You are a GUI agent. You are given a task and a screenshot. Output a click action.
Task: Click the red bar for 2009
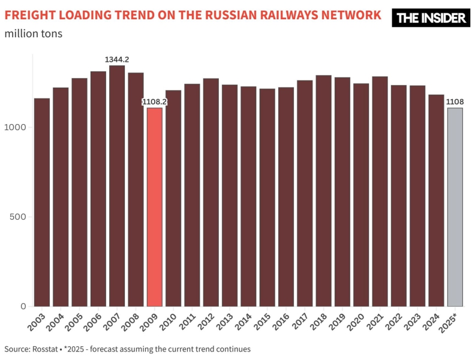[x=154, y=207]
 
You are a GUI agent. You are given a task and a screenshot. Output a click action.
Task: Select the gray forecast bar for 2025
[x=455, y=207]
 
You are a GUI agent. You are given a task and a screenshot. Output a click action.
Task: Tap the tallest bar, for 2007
[x=117, y=186]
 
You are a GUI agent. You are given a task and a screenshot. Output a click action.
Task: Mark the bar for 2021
[x=380, y=191]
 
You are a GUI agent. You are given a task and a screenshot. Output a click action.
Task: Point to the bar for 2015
[x=267, y=197]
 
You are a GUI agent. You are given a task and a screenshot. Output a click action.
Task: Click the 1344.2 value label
[x=117, y=59]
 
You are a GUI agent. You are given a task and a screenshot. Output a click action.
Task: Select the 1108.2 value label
[x=154, y=102]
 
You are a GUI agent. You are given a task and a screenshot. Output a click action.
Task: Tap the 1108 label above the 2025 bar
[x=455, y=102]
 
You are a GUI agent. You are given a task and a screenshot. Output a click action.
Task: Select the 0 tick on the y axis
[x=23, y=306]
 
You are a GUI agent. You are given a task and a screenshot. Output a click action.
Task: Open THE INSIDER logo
[x=431, y=18]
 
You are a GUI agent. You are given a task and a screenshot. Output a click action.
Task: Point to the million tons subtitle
[x=34, y=33]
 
